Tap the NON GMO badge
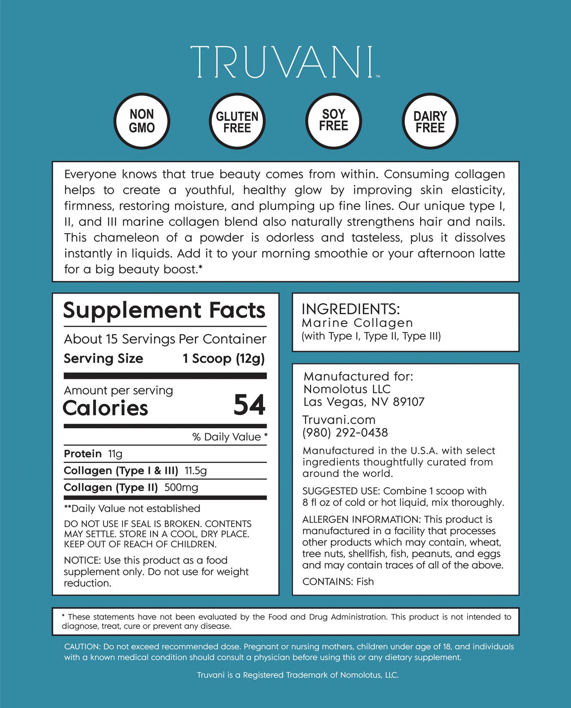142,121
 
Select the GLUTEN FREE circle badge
237,121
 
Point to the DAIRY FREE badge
430,121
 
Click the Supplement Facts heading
164,311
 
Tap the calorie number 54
249,405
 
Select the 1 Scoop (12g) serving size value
224,359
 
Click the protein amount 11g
115,454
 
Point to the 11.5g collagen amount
196,471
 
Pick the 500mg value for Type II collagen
181,487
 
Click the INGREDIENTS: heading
350,309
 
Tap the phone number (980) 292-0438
345,433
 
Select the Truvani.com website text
339,420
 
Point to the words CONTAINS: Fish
338,582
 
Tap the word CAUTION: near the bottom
82,647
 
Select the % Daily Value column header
229,437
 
